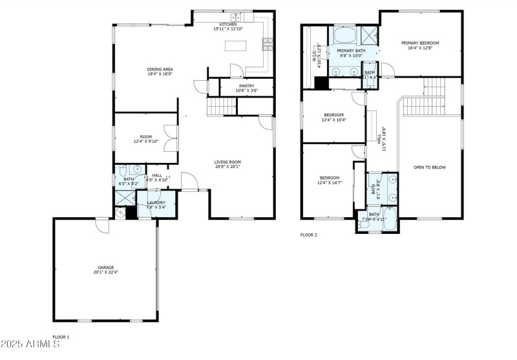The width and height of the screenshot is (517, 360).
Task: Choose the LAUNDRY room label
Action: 156,203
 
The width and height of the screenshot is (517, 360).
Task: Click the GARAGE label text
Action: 106,268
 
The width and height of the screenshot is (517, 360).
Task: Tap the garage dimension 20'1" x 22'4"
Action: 106,272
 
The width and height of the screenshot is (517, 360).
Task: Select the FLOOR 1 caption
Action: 61,337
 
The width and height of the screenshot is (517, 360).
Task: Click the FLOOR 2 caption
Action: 309,235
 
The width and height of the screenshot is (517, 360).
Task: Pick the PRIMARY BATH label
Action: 351,50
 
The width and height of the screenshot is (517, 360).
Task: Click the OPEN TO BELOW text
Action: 430,167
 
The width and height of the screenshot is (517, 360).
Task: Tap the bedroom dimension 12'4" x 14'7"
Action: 329,183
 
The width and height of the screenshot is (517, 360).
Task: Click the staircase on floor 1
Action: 221,107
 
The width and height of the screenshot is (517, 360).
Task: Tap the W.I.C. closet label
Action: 317,54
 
